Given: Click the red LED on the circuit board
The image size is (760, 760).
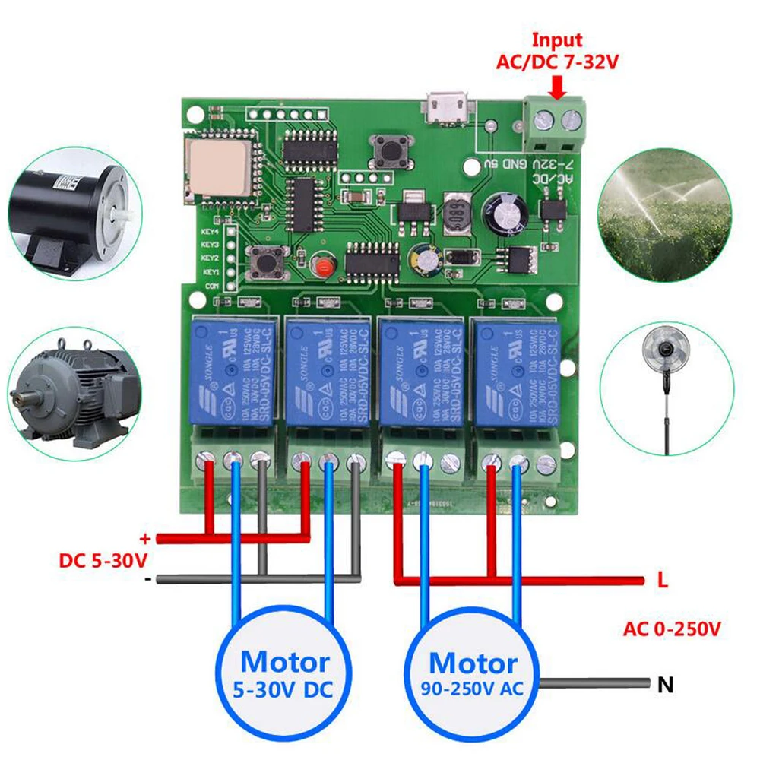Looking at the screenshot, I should coord(323,267).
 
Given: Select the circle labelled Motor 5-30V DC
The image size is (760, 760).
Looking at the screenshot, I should coord(285,671).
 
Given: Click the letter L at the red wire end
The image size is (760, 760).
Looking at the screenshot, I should coord(662,581).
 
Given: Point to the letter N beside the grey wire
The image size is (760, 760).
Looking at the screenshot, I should coord(666,685).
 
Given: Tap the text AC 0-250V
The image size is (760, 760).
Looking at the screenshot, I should coord(672,629).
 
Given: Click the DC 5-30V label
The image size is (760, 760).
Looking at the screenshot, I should coord(103,561).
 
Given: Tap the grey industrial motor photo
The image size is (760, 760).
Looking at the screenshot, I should coord(74,395).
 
